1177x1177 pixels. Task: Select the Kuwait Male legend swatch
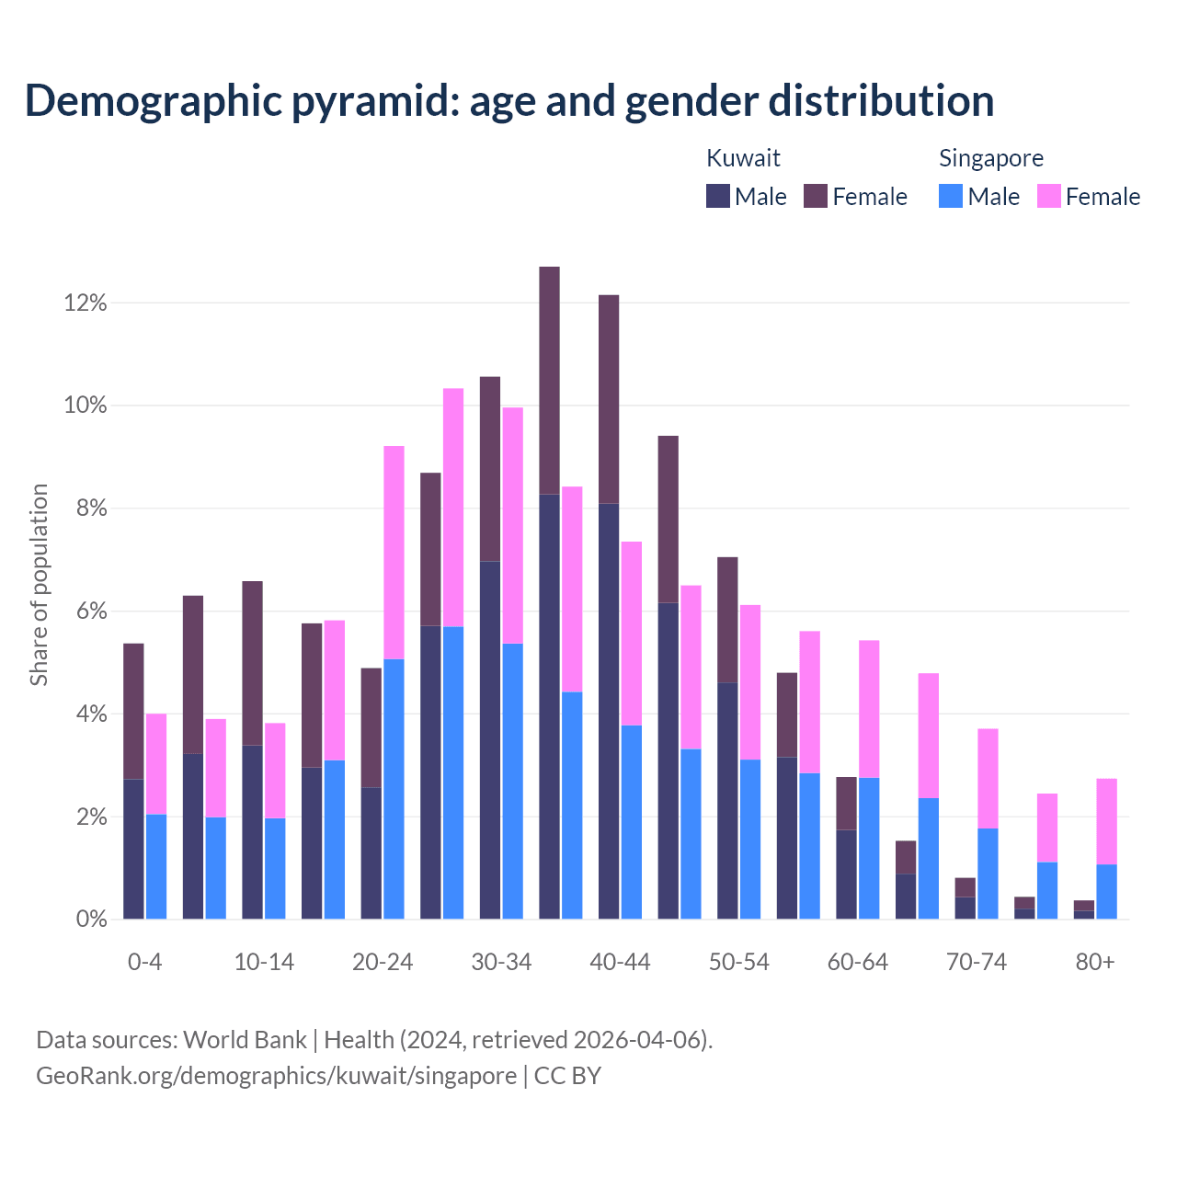(x=718, y=196)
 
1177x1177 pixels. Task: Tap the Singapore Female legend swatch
(x=1048, y=196)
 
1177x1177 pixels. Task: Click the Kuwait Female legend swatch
(x=816, y=196)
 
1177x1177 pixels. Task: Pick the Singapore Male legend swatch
(x=951, y=196)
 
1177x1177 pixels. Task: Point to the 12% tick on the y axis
(x=86, y=303)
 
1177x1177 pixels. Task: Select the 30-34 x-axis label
(x=501, y=962)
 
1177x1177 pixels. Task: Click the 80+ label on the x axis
(x=1095, y=962)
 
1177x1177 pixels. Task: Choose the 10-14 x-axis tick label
(x=264, y=962)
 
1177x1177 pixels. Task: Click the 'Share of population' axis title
(x=39, y=585)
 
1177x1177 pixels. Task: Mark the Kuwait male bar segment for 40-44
(x=609, y=711)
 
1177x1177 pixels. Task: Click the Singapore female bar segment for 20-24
(x=394, y=552)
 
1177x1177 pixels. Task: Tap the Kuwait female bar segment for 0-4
(x=133, y=711)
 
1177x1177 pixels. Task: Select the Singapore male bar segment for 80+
(x=1106, y=891)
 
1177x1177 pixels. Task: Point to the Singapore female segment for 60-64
(x=869, y=708)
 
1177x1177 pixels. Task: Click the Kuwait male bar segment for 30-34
(x=490, y=739)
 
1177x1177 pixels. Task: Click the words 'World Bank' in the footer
(x=245, y=1040)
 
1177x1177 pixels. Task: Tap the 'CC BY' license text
(x=567, y=1076)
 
